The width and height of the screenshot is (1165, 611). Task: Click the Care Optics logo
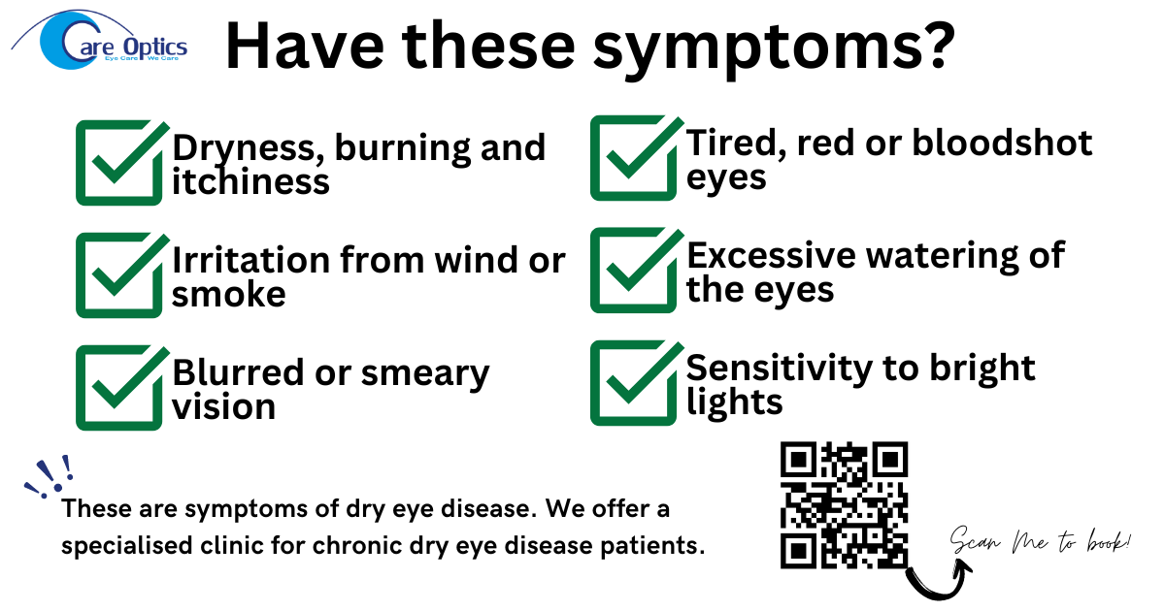(x=99, y=40)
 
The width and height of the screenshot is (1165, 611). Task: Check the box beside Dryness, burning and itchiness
(x=119, y=163)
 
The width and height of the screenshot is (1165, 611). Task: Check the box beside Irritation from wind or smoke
(x=119, y=275)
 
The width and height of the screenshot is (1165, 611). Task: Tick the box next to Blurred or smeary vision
(x=119, y=388)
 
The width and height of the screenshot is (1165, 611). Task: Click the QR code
(x=844, y=505)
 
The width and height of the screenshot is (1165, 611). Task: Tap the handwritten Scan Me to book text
(x=1040, y=541)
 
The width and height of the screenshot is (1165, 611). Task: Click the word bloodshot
(x=1002, y=143)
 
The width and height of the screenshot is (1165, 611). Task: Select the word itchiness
(x=250, y=181)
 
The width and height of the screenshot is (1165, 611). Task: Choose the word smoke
(x=229, y=294)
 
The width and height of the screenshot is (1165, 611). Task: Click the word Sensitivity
(x=779, y=369)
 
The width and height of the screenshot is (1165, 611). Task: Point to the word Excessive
(x=771, y=256)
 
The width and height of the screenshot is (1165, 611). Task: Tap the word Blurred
(x=238, y=372)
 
